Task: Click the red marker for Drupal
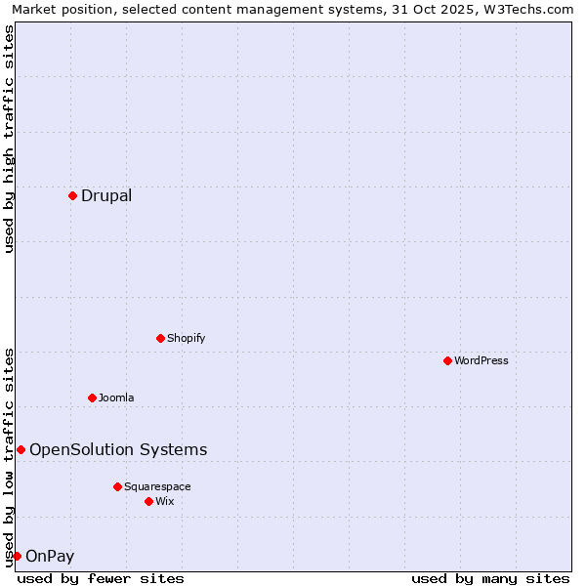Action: (72, 195)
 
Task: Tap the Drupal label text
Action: (106, 195)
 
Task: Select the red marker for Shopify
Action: (160, 338)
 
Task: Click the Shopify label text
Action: (186, 338)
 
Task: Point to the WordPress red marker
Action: (447, 360)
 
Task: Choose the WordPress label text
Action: (481, 360)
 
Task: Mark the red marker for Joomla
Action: (92, 398)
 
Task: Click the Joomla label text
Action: (116, 398)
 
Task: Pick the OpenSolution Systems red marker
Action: (21, 449)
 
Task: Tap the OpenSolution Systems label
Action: (118, 449)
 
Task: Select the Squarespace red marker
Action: (117, 486)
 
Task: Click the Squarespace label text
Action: (157, 486)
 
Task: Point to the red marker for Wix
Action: (148, 501)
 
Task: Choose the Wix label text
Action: (165, 501)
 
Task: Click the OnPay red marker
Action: (17, 556)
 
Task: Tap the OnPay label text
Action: (50, 557)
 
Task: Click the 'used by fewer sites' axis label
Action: (101, 578)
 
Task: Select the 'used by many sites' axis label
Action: (490, 578)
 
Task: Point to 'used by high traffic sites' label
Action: (9, 139)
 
